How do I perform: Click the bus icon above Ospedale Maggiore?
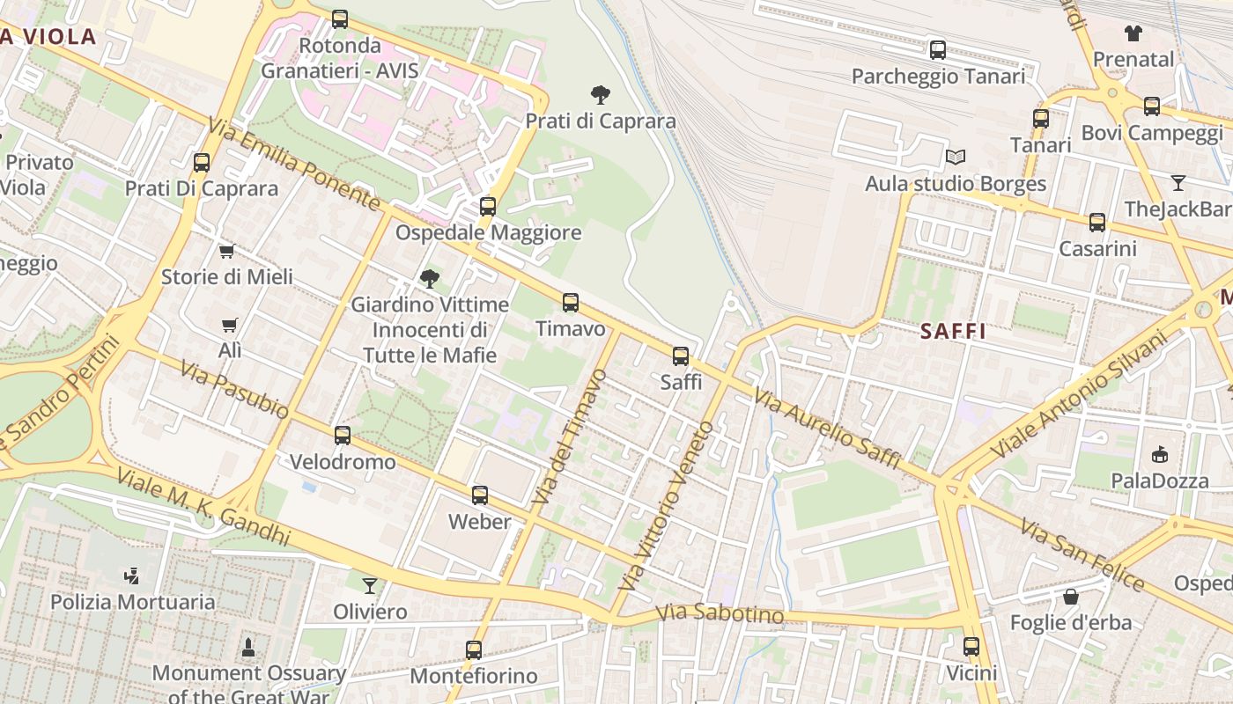pyautogui.click(x=488, y=207)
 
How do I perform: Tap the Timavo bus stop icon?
pyautogui.click(x=571, y=303)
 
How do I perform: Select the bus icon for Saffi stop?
pyautogui.click(x=681, y=356)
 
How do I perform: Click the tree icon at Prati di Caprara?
pyautogui.click(x=601, y=94)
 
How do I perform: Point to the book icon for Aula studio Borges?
pyautogui.click(x=956, y=158)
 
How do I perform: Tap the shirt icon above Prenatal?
pyautogui.click(x=1133, y=33)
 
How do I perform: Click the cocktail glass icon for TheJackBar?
pyautogui.click(x=1178, y=183)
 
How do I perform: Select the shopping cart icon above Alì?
pyautogui.click(x=230, y=325)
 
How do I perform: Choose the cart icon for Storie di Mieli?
pyautogui.click(x=227, y=252)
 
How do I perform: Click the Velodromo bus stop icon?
pyautogui.click(x=343, y=436)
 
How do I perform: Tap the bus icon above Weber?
pyautogui.click(x=480, y=495)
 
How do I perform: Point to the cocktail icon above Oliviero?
pyautogui.click(x=370, y=585)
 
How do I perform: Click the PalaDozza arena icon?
pyautogui.click(x=1159, y=455)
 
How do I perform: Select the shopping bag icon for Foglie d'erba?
pyautogui.click(x=1071, y=597)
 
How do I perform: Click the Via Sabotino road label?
pyautogui.click(x=720, y=613)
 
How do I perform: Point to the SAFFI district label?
pyautogui.click(x=953, y=332)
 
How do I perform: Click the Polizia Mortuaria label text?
pyautogui.click(x=132, y=602)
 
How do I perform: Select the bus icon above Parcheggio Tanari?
pyautogui.click(x=938, y=50)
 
